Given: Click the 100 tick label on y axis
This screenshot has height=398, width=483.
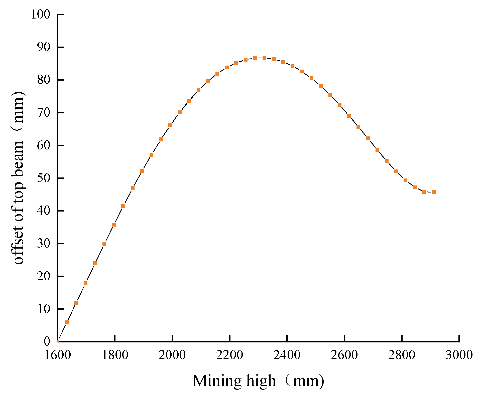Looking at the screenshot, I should (40, 14).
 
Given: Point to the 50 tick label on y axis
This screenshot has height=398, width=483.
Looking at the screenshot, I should (44, 178).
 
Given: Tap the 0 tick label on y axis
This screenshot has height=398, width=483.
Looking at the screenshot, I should (47, 341).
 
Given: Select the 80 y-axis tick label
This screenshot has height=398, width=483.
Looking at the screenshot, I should (44, 80).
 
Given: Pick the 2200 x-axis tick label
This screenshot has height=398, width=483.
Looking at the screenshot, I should (229, 355).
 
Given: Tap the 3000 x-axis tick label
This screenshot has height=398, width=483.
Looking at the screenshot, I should (459, 355).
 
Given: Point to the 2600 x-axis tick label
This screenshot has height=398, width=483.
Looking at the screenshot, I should (344, 355).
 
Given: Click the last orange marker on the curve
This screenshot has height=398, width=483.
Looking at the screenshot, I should (434, 192).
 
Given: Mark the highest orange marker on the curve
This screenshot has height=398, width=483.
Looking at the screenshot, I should (264, 58).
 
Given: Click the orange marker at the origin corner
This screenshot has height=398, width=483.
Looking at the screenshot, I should (58, 341).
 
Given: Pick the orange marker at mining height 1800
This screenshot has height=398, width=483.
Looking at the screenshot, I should (114, 225).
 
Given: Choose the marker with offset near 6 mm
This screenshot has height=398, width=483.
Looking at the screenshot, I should (67, 322).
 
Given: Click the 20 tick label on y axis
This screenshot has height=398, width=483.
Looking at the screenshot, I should (44, 276).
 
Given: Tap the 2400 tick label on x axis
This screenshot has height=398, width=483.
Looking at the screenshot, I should (287, 355).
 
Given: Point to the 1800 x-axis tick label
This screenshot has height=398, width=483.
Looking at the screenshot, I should (115, 355).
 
